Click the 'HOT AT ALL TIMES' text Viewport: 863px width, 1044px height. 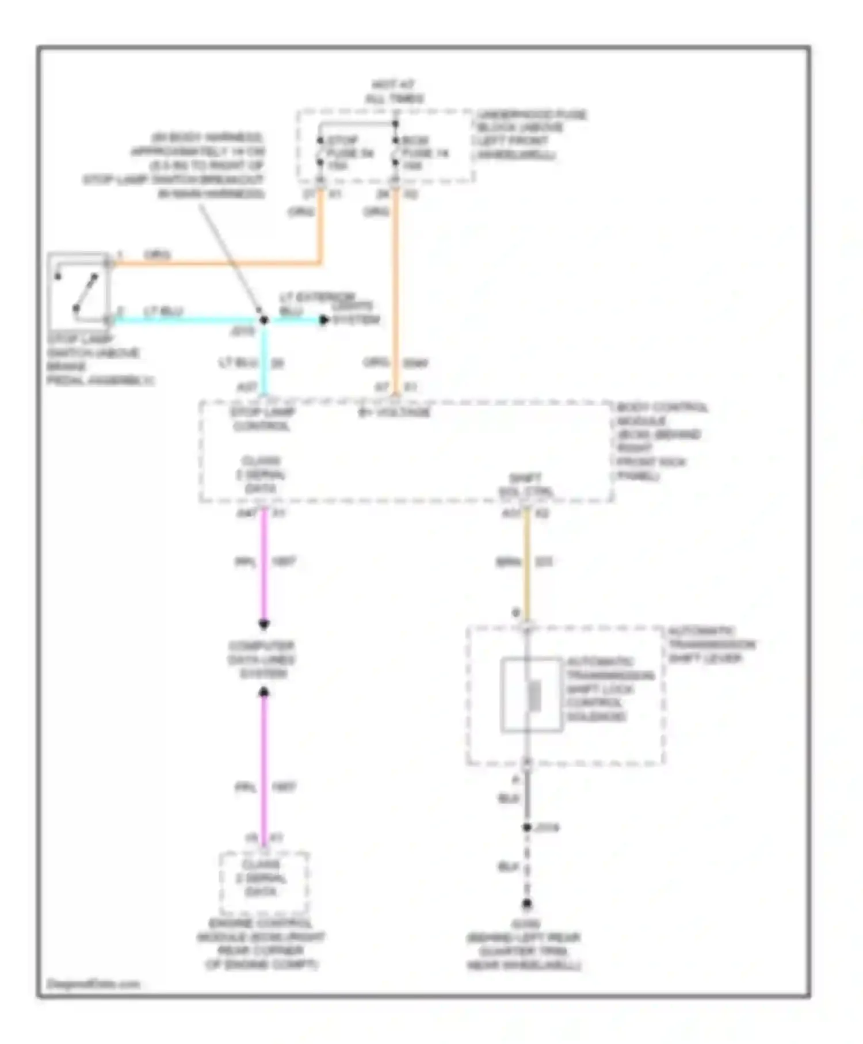point(394,92)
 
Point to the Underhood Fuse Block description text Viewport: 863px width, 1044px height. point(529,135)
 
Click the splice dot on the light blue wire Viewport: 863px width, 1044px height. point(264,320)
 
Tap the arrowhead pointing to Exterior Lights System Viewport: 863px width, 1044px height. point(324,320)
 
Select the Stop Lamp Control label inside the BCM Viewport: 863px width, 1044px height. point(262,420)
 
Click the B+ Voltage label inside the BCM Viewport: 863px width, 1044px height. point(395,413)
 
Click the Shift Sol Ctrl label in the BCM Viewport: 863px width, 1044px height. point(525,486)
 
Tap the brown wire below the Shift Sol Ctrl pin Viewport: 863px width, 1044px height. point(526,564)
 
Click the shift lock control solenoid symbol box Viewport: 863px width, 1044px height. point(531,695)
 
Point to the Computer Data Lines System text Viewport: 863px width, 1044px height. point(262,660)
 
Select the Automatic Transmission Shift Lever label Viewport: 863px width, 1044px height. point(711,645)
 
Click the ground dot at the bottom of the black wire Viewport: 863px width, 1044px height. point(526,904)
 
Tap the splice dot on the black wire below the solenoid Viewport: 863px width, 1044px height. point(526,828)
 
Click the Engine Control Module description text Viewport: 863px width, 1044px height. point(261,944)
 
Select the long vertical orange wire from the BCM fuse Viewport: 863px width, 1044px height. point(395,288)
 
